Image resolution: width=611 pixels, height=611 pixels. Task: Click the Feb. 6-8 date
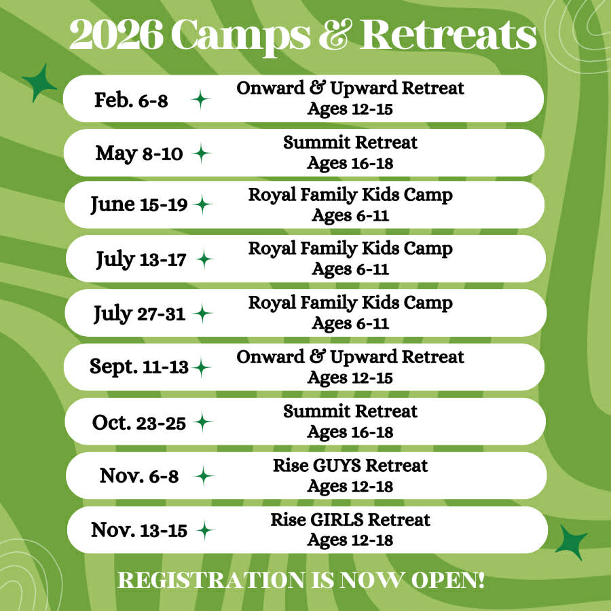[x=131, y=100]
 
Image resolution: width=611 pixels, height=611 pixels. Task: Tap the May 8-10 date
[x=139, y=153]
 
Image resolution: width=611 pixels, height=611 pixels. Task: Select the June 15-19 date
[x=139, y=204]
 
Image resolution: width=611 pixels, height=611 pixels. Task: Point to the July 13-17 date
[x=141, y=259]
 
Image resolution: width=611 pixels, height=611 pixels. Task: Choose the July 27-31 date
[x=139, y=314]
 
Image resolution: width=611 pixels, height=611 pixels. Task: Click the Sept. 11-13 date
[x=139, y=367]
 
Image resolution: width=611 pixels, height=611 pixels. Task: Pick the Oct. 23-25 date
[x=139, y=422]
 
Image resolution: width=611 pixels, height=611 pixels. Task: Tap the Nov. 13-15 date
[x=139, y=530]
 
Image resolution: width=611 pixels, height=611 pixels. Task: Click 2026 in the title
[x=116, y=35]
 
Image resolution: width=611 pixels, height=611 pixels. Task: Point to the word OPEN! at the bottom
[x=448, y=580]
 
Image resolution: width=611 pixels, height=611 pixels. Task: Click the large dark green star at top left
[x=39, y=83]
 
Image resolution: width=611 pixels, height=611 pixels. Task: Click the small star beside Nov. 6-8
[x=204, y=476]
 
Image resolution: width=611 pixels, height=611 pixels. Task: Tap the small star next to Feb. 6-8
[x=201, y=99]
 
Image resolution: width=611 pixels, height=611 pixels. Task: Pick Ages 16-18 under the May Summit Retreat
[x=350, y=163]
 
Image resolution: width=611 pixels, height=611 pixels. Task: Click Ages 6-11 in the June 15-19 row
[x=350, y=215]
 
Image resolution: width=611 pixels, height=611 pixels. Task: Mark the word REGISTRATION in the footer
[x=212, y=580]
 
